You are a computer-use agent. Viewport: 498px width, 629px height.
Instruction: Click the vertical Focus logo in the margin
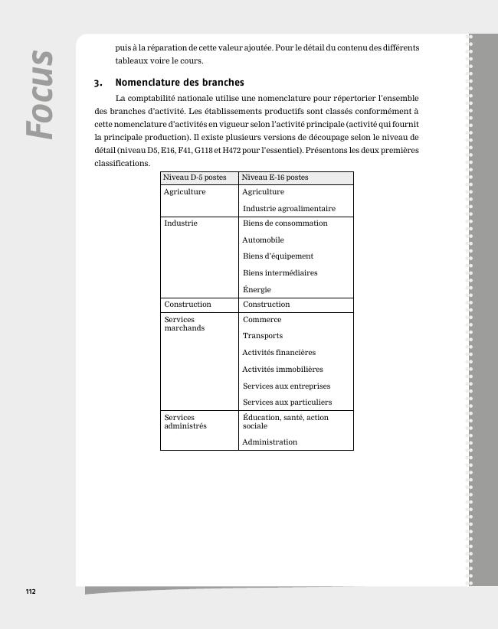(x=41, y=94)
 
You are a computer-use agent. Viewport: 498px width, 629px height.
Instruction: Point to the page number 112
(x=31, y=592)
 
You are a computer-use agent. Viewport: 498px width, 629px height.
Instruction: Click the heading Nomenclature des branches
(x=179, y=83)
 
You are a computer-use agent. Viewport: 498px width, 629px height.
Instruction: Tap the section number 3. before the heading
(x=98, y=83)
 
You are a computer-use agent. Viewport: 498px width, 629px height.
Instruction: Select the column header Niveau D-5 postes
(x=195, y=178)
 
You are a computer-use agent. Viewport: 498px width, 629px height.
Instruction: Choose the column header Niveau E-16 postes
(x=275, y=178)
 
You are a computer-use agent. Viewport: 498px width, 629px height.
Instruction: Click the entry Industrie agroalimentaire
(x=289, y=209)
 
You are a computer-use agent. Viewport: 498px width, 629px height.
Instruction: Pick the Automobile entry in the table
(x=263, y=240)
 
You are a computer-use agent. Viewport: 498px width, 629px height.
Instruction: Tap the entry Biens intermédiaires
(x=280, y=273)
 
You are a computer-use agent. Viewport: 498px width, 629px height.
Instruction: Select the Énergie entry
(x=257, y=290)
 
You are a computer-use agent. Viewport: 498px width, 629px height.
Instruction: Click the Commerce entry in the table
(x=262, y=320)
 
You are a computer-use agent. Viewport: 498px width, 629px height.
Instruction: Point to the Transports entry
(x=263, y=336)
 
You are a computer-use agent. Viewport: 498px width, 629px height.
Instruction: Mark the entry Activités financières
(x=279, y=353)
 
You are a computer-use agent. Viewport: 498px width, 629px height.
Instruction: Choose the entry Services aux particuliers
(x=287, y=402)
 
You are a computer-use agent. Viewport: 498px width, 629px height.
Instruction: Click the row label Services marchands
(x=184, y=324)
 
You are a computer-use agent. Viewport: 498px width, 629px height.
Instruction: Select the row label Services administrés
(x=185, y=422)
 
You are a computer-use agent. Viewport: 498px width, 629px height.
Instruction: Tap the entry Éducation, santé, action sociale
(x=285, y=422)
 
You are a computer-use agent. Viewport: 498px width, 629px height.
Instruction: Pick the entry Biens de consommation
(x=285, y=223)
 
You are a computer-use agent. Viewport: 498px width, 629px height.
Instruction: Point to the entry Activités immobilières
(x=283, y=370)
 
